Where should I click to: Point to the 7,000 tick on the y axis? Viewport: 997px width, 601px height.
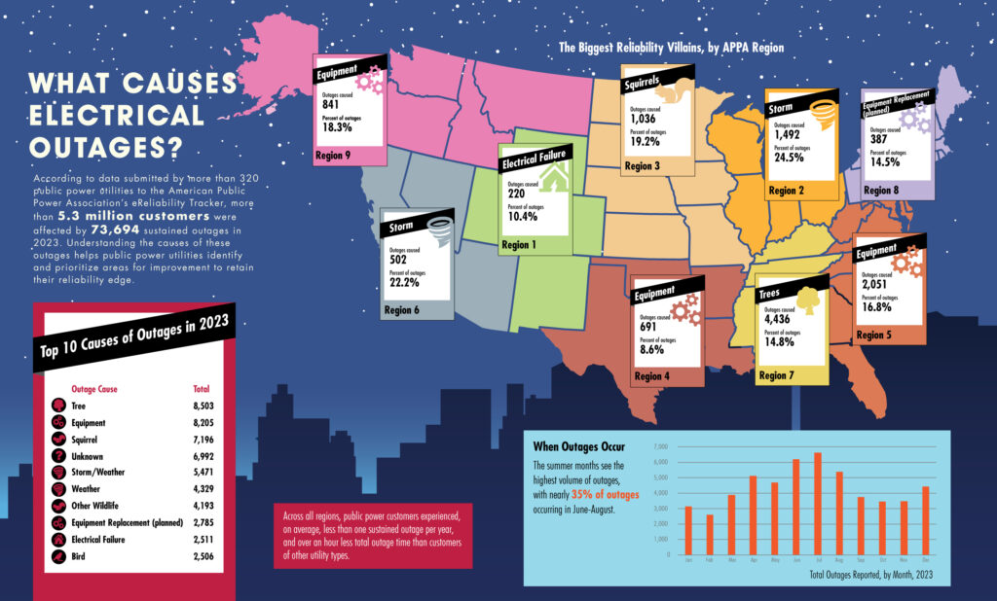tap(660, 447)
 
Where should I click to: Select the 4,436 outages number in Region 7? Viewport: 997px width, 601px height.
tap(779, 320)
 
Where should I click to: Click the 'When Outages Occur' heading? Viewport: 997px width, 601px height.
tap(578, 445)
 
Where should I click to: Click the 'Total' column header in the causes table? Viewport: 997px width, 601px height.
tap(203, 388)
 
